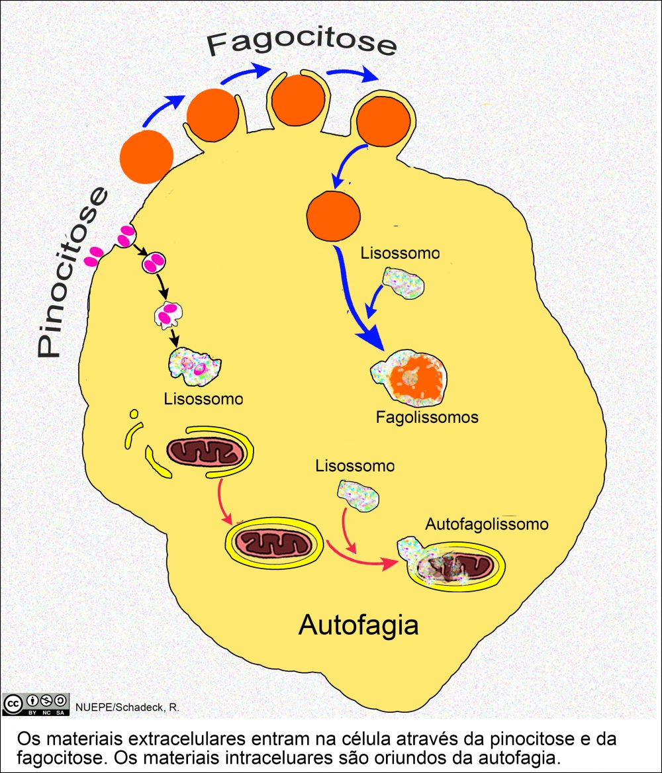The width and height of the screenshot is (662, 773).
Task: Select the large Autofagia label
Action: click(x=358, y=623)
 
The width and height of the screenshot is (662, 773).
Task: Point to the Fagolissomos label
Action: click(x=427, y=418)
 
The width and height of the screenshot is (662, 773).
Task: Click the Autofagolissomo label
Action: click(x=487, y=524)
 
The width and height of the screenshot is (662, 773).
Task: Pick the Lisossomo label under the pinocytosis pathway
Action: click(x=203, y=399)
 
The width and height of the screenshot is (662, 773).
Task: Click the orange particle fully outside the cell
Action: click(x=146, y=157)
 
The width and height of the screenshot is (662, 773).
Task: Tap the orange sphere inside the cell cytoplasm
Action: click(x=334, y=216)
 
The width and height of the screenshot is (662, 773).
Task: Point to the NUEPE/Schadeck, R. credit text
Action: click(x=128, y=707)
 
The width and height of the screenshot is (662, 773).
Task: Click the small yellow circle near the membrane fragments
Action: click(x=134, y=414)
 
